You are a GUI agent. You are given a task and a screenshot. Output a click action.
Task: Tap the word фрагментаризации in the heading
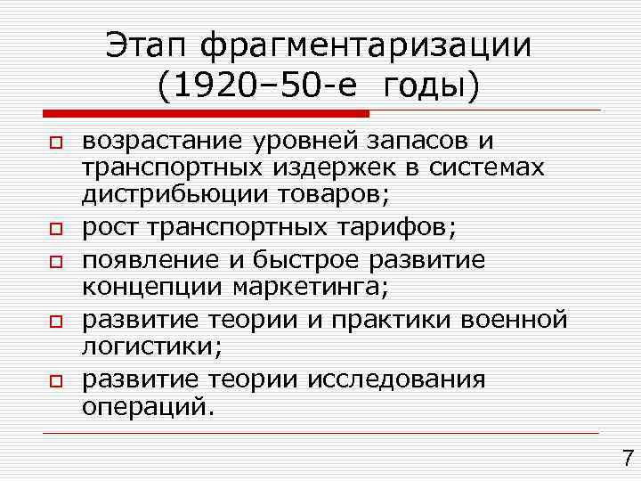pyautogui.click(x=366, y=46)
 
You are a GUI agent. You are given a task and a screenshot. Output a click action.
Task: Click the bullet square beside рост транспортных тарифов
pyautogui.click(x=54, y=230)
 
